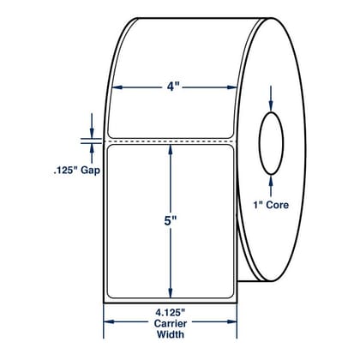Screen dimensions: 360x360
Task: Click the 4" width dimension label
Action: pyautogui.click(x=171, y=87)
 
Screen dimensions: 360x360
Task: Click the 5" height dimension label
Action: pyautogui.click(x=171, y=221)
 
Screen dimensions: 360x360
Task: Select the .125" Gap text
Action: pyautogui.click(x=77, y=171)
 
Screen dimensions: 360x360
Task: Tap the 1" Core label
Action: pyautogui.click(x=271, y=205)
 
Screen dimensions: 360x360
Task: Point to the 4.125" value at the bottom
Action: pyautogui.click(x=171, y=314)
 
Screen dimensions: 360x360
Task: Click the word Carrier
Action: pyautogui.click(x=171, y=324)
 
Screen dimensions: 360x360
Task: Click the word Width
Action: pyautogui.click(x=171, y=334)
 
